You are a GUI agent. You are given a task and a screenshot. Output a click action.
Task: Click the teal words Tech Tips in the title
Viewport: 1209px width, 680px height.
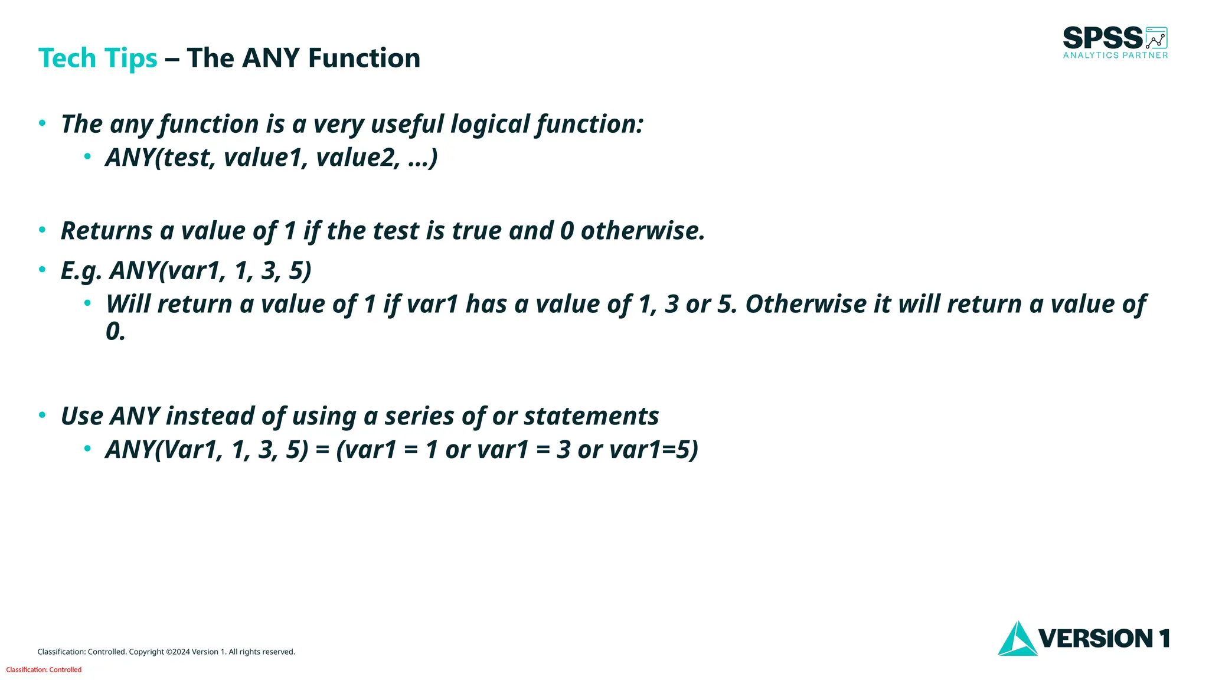[97, 58]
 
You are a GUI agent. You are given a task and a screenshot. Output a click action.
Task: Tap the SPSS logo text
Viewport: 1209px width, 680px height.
[1102, 38]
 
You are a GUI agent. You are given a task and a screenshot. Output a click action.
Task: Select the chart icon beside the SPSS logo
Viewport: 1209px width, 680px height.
[1156, 38]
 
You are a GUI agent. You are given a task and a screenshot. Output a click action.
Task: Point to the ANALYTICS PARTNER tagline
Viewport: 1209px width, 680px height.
[1115, 55]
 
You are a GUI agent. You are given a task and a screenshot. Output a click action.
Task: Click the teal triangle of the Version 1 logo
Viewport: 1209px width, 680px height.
[1017, 640]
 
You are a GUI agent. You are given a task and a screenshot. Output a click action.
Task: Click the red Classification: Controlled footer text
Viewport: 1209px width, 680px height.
[44, 669]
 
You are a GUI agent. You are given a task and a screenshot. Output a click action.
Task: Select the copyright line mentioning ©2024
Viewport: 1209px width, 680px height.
[166, 652]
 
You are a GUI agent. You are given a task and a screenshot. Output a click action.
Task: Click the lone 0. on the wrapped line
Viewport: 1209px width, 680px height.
[115, 332]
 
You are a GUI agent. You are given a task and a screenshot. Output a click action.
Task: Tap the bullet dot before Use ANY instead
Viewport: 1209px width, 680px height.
[42, 415]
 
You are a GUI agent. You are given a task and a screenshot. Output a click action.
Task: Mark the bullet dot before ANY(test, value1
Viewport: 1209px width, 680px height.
[87, 156]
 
